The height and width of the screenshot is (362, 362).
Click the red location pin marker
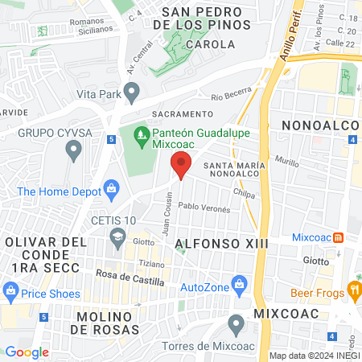[x=182, y=164]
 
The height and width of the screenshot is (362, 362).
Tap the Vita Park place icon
[x=133, y=89]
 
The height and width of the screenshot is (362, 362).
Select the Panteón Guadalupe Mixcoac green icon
[x=141, y=131]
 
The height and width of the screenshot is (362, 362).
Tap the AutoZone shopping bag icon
[x=238, y=284]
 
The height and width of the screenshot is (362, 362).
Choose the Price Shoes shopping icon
[x=11, y=290]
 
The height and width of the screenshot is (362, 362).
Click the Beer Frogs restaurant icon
[x=353, y=289]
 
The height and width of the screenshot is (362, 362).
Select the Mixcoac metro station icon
[x=339, y=237]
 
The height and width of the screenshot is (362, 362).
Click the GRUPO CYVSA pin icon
[x=74, y=149]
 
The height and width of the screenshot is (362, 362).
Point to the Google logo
[x=27, y=352]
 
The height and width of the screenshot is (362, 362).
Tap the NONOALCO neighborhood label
[x=320, y=125]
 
